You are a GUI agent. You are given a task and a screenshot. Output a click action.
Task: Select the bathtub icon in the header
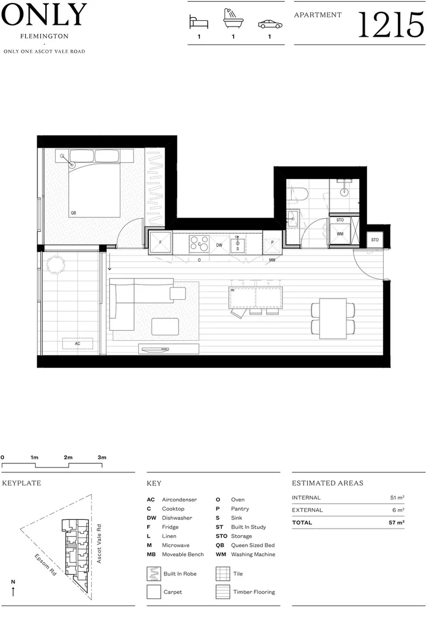coord(233,21)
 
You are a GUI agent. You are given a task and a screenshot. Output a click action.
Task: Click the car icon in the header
coord(269,24)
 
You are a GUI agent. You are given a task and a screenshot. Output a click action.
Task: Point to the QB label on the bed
coord(73,212)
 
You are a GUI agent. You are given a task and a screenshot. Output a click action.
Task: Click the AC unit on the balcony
coord(78,344)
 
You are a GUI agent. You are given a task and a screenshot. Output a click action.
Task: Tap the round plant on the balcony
coord(58,264)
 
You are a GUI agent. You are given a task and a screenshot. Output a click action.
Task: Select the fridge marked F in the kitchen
coord(160,242)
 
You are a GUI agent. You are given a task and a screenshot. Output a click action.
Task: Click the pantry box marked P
coord(272,242)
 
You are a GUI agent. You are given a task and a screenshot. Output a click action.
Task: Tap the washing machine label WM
coord(340,234)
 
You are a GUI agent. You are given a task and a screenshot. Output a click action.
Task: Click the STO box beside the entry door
coord(374,240)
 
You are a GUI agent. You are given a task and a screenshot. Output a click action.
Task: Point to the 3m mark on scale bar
coord(102,457)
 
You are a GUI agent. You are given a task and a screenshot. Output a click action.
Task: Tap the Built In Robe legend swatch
coord(154,574)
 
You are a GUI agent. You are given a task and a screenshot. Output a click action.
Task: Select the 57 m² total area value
coord(397,523)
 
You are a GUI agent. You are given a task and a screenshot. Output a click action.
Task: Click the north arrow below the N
coord(13,591)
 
